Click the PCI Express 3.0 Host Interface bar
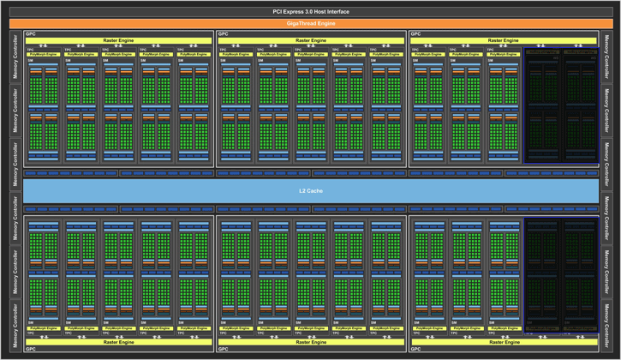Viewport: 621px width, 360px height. [x=310, y=11]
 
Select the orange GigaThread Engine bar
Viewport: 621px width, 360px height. [x=310, y=23]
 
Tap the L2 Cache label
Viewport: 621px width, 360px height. [x=310, y=190]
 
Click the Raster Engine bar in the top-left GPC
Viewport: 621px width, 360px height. [x=118, y=40]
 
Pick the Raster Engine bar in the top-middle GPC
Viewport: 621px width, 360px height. [x=310, y=40]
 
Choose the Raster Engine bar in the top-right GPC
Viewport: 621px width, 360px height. [x=503, y=40]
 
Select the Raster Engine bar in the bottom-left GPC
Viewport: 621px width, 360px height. [x=118, y=341]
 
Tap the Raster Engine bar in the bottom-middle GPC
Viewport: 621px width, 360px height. [x=310, y=341]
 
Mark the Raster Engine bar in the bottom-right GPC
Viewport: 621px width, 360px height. [x=503, y=341]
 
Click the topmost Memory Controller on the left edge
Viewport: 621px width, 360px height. [x=15, y=57]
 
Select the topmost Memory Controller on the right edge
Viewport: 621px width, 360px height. [x=606, y=57]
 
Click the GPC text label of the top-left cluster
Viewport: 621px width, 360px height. [x=31, y=34]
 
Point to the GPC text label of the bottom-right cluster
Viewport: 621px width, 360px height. [x=416, y=349]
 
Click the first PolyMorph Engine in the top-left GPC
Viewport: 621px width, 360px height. [x=44, y=54]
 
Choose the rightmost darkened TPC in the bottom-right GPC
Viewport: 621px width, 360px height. [x=580, y=274]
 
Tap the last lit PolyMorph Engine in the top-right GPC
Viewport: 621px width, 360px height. [x=503, y=54]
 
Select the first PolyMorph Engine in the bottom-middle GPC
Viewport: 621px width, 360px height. [x=236, y=328]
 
